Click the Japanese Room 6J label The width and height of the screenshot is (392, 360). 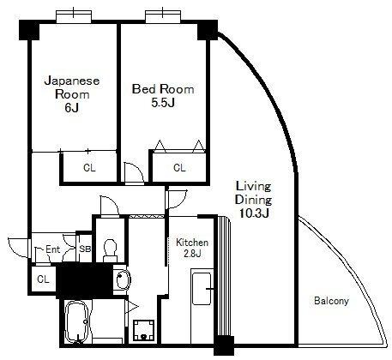pyautogui.click(x=72, y=93)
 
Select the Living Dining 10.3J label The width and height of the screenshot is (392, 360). pyautogui.click(x=254, y=201)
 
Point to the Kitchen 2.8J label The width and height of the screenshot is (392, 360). pyautogui.click(x=191, y=249)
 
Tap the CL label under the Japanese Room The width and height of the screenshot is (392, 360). pyautogui.click(x=89, y=168)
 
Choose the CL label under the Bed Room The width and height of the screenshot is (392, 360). pyautogui.click(x=178, y=168)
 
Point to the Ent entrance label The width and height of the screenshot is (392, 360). pyautogui.click(x=53, y=250)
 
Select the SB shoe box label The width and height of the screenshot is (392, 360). pyautogui.click(x=85, y=250)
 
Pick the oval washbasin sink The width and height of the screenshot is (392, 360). pyautogui.click(x=120, y=279)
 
